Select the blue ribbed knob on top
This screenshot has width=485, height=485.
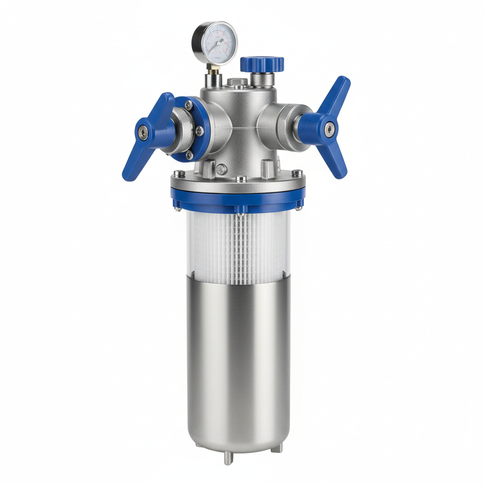[262, 63]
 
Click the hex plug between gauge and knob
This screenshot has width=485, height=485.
[237, 82]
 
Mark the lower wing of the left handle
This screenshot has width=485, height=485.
[132, 163]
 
